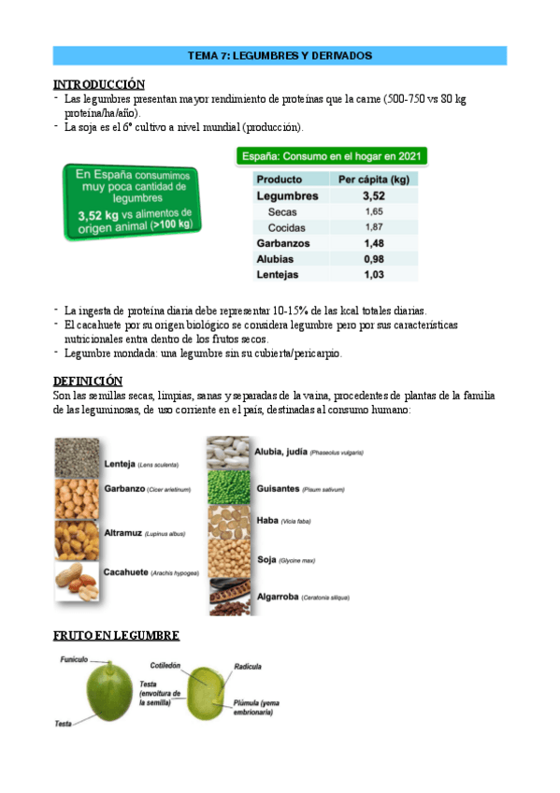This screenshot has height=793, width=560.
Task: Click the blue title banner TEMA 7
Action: click(x=280, y=56)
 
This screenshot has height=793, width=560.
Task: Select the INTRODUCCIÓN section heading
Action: click(x=99, y=84)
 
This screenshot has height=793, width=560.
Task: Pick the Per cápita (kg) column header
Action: click(x=375, y=179)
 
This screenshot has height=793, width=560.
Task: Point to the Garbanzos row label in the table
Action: click(x=284, y=243)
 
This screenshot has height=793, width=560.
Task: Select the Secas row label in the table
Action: click(x=284, y=212)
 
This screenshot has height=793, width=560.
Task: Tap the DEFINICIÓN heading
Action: click(x=88, y=381)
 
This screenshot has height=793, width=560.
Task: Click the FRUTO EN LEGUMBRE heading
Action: click(x=116, y=636)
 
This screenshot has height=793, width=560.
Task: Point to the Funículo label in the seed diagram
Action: click(x=74, y=660)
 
